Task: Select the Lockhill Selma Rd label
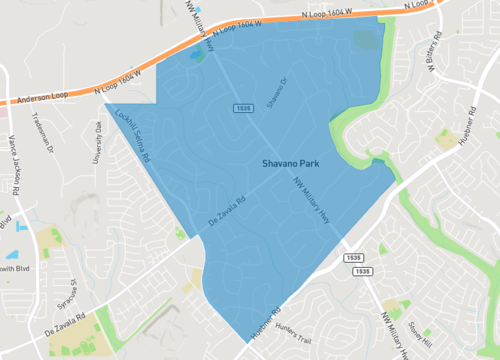pos(132,136)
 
